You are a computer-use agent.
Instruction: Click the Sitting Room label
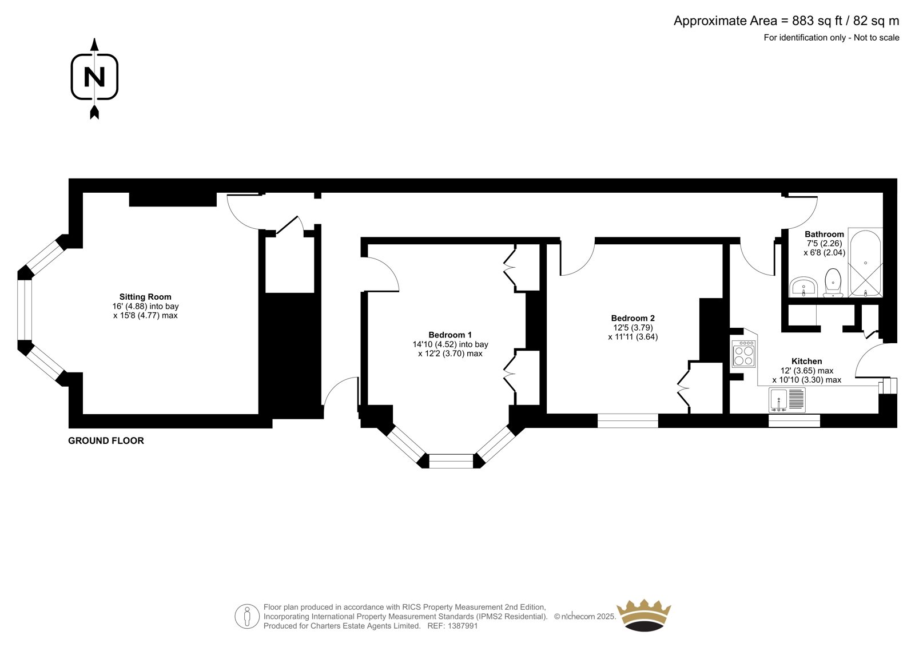[x=145, y=297]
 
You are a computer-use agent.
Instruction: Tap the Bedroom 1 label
[x=449, y=335]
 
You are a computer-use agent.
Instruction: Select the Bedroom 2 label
[x=632, y=318]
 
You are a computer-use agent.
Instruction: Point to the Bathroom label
[x=824, y=234]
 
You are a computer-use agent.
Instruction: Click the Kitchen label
[x=806, y=362]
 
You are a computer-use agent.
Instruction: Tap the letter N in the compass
[x=94, y=77]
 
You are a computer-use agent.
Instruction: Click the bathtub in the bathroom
[x=865, y=263]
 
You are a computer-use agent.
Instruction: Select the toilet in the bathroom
[x=833, y=283]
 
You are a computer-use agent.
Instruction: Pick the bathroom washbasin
[x=803, y=287]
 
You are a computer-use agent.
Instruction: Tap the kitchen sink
[x=787, y=400]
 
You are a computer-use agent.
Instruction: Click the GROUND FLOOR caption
[x=106, y=440]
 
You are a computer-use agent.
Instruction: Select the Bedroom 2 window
[x=627, y=420]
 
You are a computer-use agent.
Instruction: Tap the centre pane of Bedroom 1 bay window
[x=451, y=461]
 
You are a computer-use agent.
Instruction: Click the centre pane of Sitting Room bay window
[x=25, y=310]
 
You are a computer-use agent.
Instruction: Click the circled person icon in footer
[x=247, y=616]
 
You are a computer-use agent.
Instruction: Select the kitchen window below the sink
[x=794, y=420]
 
